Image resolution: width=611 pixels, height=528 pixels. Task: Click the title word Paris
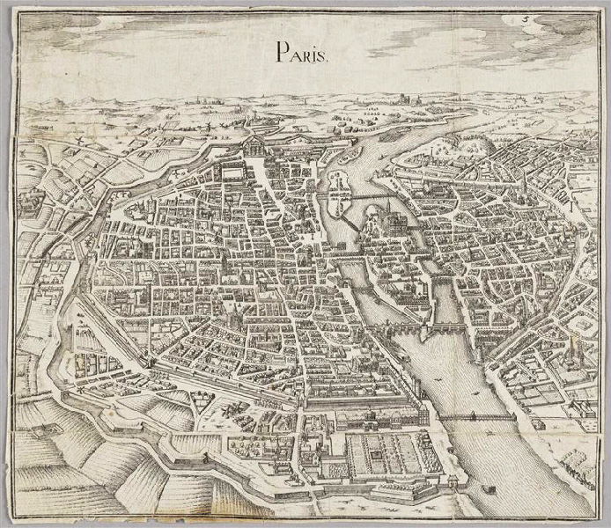coord(303,53)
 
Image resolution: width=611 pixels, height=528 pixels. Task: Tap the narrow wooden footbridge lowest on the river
coord(475,414)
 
